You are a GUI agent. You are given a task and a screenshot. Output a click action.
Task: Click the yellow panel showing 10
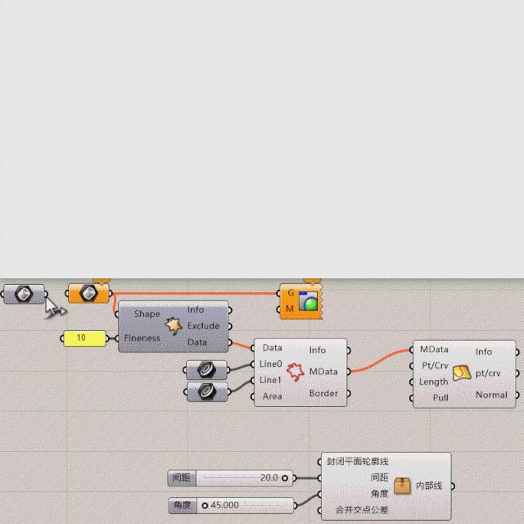(84, 337)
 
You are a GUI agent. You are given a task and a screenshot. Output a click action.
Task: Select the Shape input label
(147, 314)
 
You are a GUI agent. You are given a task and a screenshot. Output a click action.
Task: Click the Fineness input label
(142, 338)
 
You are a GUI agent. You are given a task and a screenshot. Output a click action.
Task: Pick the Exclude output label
(203, 326)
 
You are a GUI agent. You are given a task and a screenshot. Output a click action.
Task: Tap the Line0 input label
(271, 364)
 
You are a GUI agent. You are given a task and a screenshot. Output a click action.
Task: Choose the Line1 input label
(271, 380)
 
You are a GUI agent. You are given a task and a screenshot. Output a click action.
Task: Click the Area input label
(272, 396)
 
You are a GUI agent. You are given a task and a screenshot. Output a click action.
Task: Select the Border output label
(323, 393)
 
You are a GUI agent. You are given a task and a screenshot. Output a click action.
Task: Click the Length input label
(434, 382)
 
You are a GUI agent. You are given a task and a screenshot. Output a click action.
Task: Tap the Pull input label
(440, 398)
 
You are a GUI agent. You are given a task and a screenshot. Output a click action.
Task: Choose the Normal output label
(491, 395)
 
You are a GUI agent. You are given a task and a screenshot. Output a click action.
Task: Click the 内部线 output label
(429, 486)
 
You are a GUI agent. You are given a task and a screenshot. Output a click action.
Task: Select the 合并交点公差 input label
(362, 510)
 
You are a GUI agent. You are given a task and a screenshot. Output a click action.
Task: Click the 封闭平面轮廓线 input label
(357, 461)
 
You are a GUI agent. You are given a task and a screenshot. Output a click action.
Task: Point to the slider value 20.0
(269, 477)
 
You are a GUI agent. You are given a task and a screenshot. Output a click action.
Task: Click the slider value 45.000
(225, 505)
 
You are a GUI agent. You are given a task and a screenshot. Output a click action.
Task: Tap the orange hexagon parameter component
(88, 292)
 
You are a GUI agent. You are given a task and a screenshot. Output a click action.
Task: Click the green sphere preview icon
(309, 303)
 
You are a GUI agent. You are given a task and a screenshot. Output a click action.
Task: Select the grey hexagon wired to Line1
(207, 392)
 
